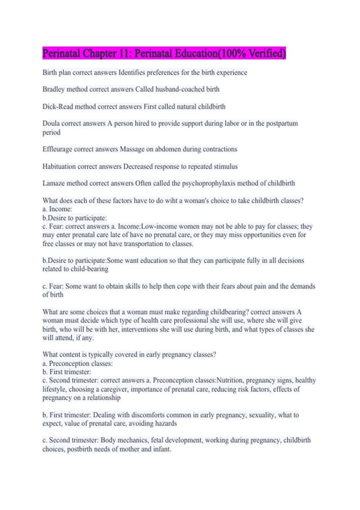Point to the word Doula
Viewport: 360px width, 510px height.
(x=51, y=123)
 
